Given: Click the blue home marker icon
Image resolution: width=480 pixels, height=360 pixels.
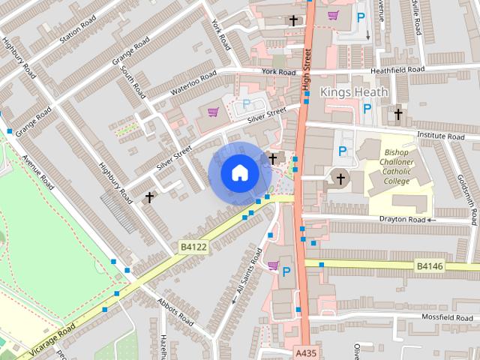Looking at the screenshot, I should [x=238, y=172].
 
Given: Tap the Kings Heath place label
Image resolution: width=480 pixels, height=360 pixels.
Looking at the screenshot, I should [x=354, y=91].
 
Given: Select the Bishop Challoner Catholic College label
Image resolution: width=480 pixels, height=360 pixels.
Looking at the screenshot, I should [x=397, y=166].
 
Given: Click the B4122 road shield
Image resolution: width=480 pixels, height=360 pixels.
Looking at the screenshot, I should [x=192, y=245].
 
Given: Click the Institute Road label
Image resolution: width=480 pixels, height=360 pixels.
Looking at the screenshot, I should [x=441, y=137].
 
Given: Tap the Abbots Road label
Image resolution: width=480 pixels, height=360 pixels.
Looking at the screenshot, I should [x=176, y=310].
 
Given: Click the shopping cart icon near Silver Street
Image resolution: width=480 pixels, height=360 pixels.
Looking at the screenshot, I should [x=214, y=112].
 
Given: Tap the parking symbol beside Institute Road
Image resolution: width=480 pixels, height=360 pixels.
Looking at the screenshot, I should [x=343, y=151].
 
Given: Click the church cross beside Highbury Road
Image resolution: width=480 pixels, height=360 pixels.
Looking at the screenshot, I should [x=149, y=197].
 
